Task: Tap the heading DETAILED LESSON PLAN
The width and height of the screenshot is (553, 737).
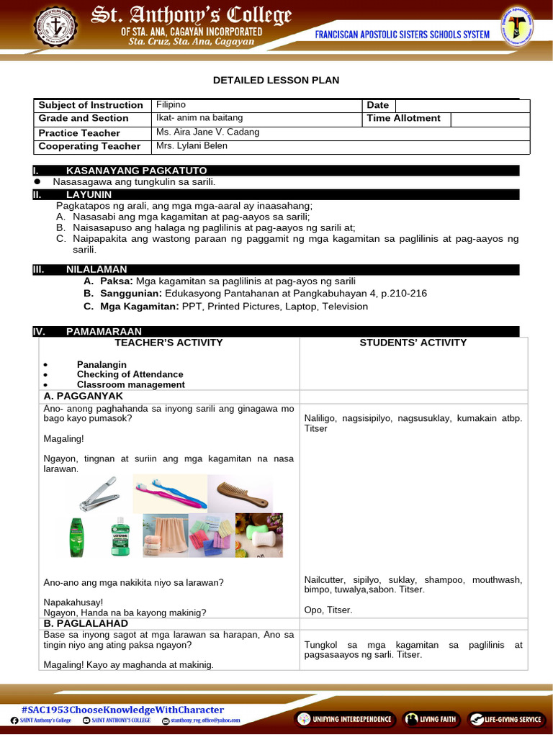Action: [276, 81]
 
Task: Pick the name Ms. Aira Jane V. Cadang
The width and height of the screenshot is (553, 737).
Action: [207, 132]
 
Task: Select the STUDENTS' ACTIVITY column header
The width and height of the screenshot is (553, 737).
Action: [413, 343]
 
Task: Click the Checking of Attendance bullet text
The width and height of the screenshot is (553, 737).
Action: [130, 374]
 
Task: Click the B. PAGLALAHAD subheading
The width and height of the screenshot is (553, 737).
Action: [86, 623]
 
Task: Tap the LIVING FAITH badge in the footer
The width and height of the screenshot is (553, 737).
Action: [431, 718]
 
